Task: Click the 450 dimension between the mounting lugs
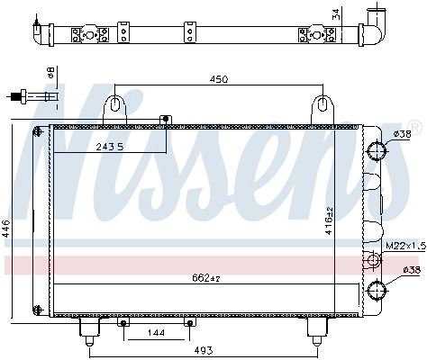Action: click(x=218, y=79)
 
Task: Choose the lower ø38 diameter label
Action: click(x=410, y=270)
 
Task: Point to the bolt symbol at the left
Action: click(x=32, y=96)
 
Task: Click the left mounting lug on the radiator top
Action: click(x=114, y=106)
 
